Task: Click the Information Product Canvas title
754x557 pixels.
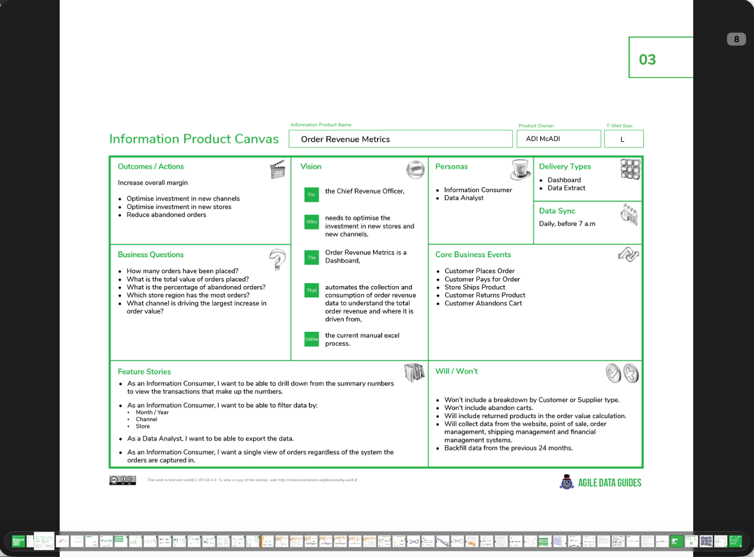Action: [194, 139]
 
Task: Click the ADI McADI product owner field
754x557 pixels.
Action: [558, 139]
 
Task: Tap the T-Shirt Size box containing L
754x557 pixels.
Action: [623, 139]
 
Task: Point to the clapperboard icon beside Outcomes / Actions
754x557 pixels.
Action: [277, 169]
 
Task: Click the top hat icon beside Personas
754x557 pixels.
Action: [521, 169]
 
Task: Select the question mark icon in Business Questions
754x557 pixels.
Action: [277, 260]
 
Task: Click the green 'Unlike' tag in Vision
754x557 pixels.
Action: [312, 339]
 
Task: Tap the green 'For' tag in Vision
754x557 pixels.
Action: [312, 194]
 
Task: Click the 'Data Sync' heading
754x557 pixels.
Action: [557, 211]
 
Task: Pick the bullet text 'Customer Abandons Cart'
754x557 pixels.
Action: [483, 304]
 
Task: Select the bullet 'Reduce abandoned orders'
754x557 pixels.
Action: [166, 215]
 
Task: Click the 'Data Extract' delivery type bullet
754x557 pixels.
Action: [566, 188]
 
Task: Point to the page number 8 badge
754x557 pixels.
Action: [736, 39]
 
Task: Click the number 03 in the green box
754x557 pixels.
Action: [648, 60]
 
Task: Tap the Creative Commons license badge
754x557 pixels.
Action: [123, 480]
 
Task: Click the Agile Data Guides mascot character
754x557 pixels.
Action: [567, 482]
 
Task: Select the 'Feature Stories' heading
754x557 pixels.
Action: [144, 372]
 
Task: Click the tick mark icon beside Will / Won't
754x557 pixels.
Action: [613, 373]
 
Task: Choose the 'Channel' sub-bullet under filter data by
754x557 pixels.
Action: [146, 419]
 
